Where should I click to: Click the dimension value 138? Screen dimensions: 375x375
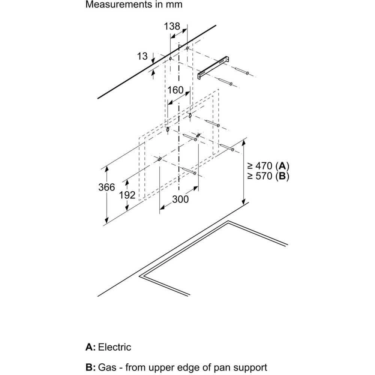point(172,26)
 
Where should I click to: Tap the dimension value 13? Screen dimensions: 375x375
point(142,57)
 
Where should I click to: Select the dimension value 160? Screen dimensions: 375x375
point(175,90)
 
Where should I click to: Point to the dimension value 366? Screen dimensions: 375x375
point(106,187)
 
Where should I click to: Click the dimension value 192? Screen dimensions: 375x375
point(127,195)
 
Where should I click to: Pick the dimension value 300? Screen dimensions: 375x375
point(180,199)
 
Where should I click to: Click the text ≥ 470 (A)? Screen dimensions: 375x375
point(268,166)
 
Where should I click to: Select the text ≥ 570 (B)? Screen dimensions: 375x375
point(268,176)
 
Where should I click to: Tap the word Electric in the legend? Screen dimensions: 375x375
point(114,347)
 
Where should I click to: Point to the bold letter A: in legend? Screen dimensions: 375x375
point(91,347)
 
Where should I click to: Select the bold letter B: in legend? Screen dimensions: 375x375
point(91,367)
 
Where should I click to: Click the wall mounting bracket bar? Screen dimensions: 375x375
point(213,67)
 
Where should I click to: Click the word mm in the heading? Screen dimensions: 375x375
point(174,4)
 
